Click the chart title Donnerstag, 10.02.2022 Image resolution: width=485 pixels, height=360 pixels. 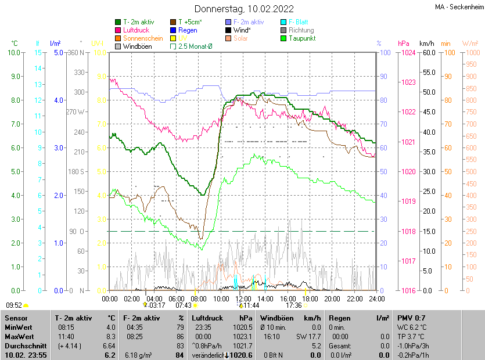pos(243,9)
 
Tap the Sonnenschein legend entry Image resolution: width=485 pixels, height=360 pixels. pos(142,38)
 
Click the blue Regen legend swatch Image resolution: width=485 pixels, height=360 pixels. pos(173,30)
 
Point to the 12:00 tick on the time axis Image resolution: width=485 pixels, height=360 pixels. pos(243,299)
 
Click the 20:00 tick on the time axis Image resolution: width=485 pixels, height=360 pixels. pos(332,299)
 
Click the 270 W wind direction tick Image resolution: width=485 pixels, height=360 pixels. pos(76,112)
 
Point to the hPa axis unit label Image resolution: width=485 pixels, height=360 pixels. pos(403,44)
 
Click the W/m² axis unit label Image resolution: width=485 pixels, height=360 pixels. pos(470,44)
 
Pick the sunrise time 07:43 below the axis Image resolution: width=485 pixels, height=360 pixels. pos(184,305)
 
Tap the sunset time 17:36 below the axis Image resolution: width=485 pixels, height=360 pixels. pos(294,305)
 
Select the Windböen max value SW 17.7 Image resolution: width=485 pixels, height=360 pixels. pos(308,336)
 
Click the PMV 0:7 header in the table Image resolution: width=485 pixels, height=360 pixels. pos(411,318)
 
